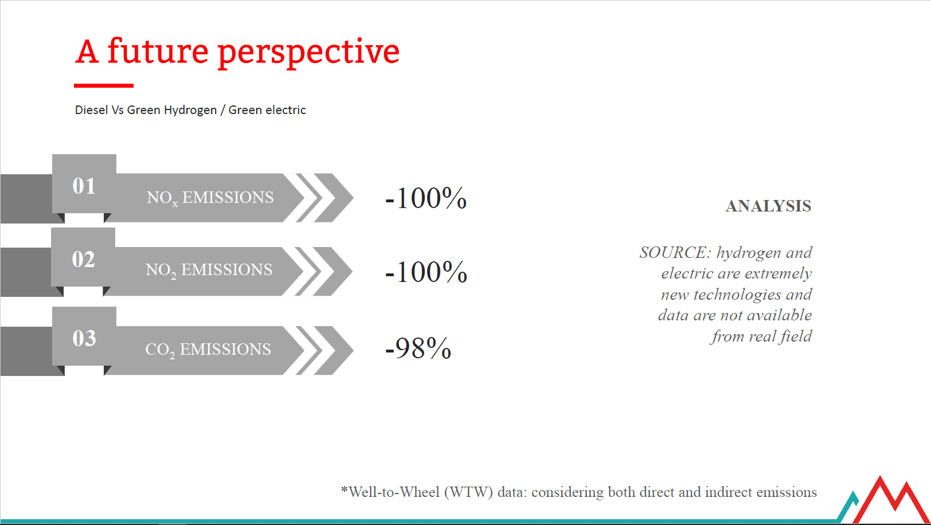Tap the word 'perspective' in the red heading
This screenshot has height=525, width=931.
309,54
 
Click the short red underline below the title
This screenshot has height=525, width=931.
104,85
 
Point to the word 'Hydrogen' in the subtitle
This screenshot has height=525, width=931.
190,110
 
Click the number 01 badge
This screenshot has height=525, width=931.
84,185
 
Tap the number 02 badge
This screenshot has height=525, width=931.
83,259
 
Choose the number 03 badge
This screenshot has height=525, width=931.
84,338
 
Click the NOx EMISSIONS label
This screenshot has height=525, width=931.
210,198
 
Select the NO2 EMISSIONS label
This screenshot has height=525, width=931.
209,270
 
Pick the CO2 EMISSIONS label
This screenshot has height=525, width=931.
208,350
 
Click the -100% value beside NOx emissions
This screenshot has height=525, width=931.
426,198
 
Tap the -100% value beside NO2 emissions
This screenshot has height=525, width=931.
426,272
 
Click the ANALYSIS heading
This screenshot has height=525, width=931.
769,206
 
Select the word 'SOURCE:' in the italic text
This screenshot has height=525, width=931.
675,252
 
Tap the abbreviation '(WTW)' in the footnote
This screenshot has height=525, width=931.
468,492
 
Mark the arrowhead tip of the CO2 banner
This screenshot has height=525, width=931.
353,350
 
